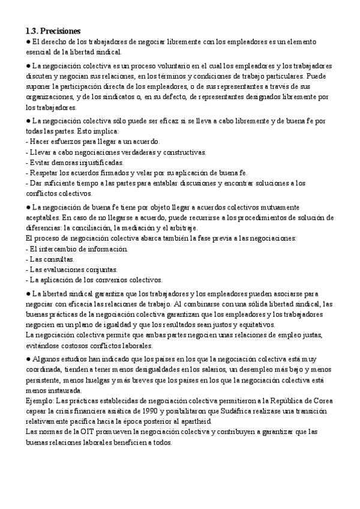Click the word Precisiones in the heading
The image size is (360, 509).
[61, 31]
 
